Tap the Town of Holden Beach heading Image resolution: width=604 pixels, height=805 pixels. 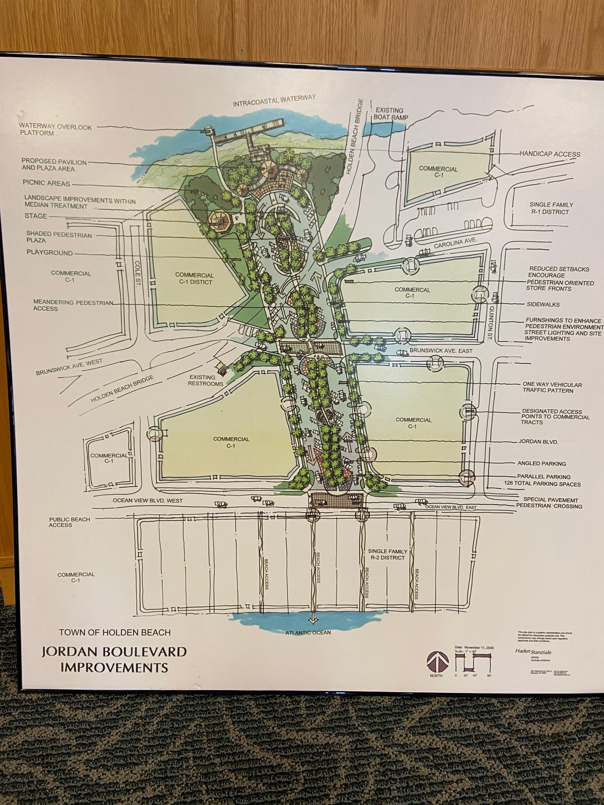(115, 632)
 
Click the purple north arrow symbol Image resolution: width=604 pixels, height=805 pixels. (436, 661)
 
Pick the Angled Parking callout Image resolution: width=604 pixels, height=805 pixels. (541, 464)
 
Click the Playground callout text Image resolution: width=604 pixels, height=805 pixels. (50, 252)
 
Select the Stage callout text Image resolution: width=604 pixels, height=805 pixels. (36, 216)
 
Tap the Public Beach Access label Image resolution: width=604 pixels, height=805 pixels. (70, 522)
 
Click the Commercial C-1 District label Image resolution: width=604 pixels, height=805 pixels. (194, 278)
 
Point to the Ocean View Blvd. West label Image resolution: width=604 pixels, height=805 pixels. (147, 501)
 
